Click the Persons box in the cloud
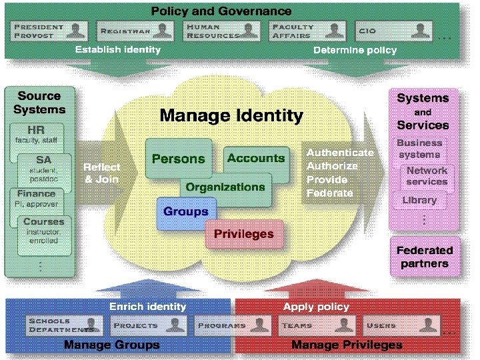coord(178,159)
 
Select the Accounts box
coord(256,159)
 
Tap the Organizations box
coord(225,187)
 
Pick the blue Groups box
coord(186,213)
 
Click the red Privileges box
coord(243,234)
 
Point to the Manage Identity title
coord(231,115)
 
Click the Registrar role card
coord(136,31)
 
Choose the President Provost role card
coord(51,31)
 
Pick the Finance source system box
coord(37,198)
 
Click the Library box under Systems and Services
coord(419,200)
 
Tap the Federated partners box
coord(425,257)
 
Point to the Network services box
coord(427,176)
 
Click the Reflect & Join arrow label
coord(101,173)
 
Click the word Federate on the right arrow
coord(330,193)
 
